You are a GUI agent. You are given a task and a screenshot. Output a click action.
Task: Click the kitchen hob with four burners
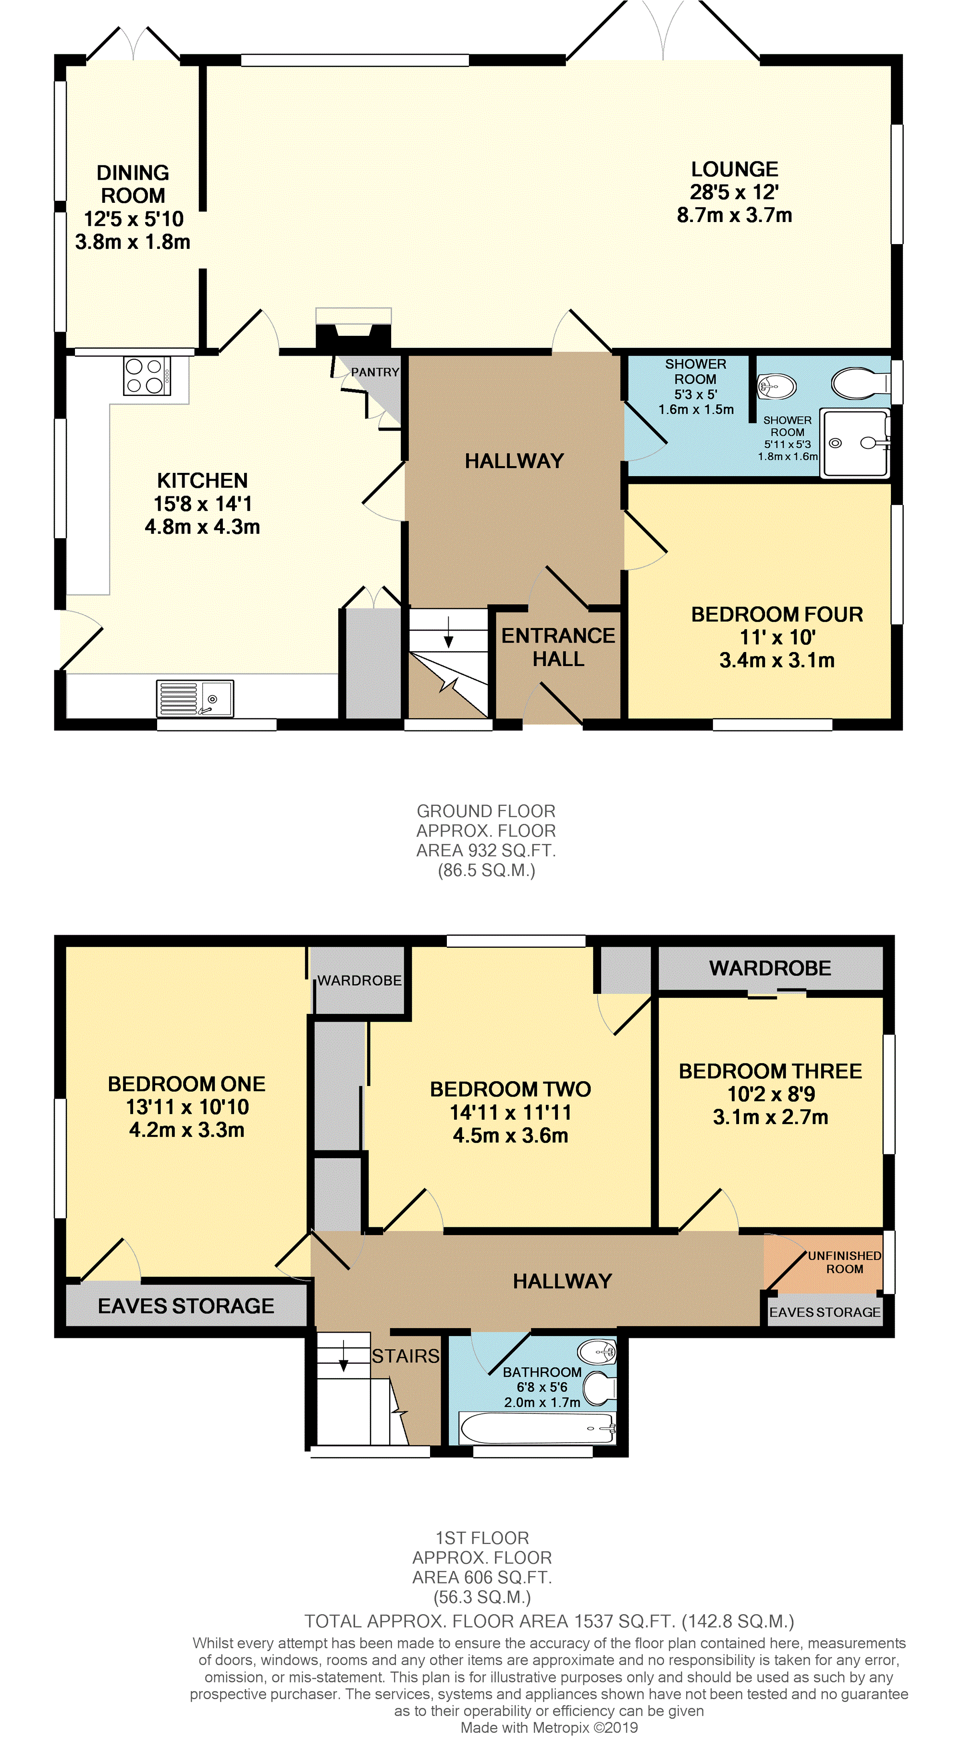point(147,376)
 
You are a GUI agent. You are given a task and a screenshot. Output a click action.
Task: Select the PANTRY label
point(375,372)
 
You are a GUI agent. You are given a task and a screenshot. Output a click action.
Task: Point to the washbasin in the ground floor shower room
point(776,387)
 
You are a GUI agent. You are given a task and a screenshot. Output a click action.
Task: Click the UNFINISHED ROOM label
point(845,1262)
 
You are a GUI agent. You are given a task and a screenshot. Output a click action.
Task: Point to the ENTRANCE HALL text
point(558,647)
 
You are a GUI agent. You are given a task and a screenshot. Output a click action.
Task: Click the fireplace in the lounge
point(354,328)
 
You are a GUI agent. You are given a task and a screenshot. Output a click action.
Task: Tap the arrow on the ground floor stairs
point(448,631)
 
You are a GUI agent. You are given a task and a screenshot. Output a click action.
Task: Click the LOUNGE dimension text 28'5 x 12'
point(734,192)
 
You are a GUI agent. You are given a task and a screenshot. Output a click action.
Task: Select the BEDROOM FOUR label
point(777,614)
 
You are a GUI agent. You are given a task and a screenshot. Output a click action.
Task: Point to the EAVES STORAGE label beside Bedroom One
point(186,1306)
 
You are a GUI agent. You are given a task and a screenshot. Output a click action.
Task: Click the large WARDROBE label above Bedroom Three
point(770,968)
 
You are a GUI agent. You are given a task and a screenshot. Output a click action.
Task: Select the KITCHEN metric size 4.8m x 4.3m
point(202,527)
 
